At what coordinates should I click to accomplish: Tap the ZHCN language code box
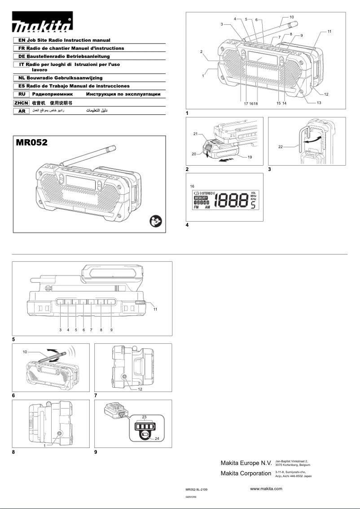21,103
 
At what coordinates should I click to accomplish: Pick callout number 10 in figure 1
291,17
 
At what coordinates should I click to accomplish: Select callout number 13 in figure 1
319,103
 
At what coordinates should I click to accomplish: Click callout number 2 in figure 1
202,52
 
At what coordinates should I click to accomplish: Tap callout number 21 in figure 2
196,134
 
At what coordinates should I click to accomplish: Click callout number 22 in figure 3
280,147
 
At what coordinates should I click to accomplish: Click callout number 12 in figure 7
140,389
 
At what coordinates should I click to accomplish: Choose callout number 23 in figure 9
144,417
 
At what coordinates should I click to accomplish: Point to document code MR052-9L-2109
196,490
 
